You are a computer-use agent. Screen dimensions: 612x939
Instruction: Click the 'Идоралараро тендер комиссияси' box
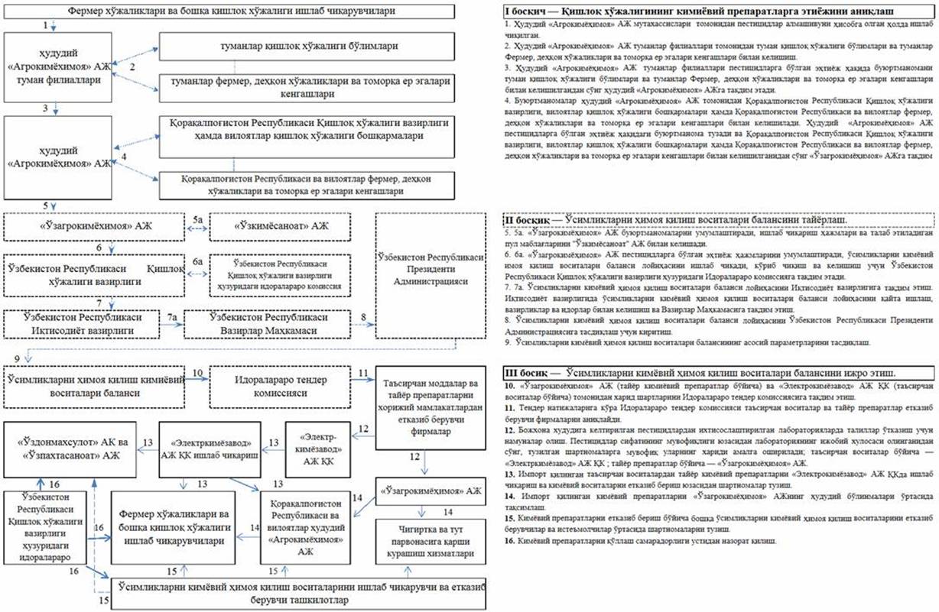tap(284, 387)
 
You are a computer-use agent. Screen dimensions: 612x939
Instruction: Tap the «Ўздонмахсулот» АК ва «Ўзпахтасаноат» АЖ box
tap(70, 464)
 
